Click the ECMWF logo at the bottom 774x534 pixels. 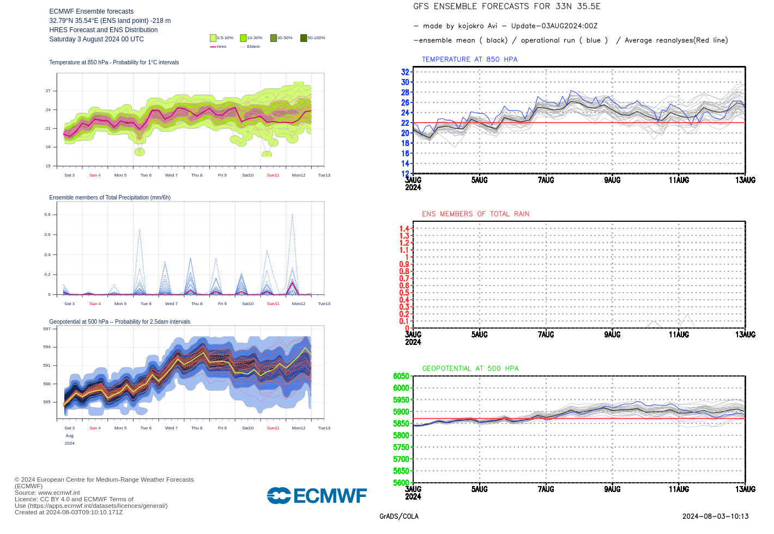click(x=317, y=495)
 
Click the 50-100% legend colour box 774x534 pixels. click(x=304, y=38)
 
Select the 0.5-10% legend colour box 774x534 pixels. click(x=213, y=38)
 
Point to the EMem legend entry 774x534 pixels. click(x=250, y=47)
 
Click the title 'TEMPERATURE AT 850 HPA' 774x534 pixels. click(x=469, y=59)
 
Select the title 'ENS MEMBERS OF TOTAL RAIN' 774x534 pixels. click(x=475, y=214)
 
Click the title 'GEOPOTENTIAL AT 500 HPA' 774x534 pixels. click(x=470, y=369)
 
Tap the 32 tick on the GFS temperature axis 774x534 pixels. click(x=405, y=72)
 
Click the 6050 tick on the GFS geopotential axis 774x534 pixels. click(x=401, y=376)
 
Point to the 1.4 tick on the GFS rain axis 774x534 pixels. click(x=404, y=229)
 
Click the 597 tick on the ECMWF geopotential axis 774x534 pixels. click(x=47, y=329)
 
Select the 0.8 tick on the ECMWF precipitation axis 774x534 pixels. click(x=47, y=215)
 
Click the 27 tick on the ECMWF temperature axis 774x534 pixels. click(x=48, y=91)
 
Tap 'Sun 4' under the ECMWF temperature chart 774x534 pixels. click(x=95, y=175)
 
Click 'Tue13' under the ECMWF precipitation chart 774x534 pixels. click(x=324, y=304)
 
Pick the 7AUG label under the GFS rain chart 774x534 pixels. click(x=546, y=335)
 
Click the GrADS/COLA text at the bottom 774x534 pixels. click(x=399, y=517)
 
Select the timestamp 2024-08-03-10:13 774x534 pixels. click(x=715, y=517)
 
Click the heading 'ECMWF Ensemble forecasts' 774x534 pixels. click(x=91, y=11)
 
